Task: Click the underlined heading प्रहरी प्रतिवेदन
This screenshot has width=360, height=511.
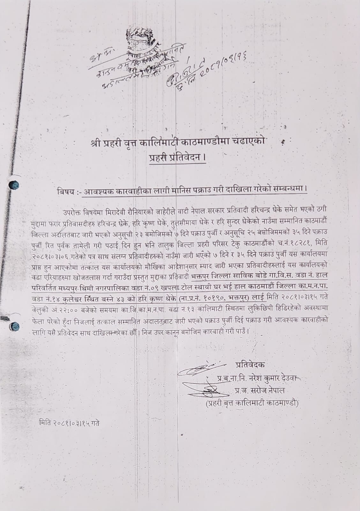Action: [x=178, y=158]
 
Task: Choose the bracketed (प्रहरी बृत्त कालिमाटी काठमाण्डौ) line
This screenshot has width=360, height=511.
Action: [x=252, y=403]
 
